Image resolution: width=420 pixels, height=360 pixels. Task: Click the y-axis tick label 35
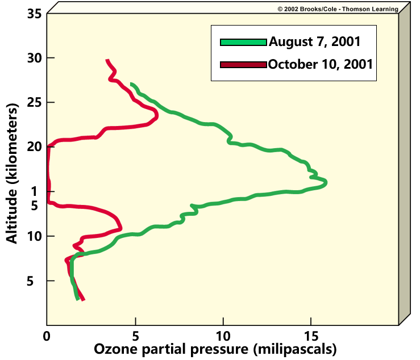pyautogui.click(x=33, y=14)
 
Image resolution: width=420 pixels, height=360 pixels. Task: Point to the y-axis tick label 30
pyautogui.click(x=33, y=58)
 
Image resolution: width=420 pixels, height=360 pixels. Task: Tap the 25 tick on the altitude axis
pyautogui.click(x=33, y=102)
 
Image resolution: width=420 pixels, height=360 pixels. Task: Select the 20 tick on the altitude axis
pyautogui.click(x=33, y=146)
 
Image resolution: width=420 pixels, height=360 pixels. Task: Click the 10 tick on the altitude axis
pyautogui.click(x=33, y=236)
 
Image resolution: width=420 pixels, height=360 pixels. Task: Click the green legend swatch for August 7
pyautogui.click(x=243, y=42)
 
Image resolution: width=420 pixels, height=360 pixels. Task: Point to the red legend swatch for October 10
pyautogui.click(x=243, y=65)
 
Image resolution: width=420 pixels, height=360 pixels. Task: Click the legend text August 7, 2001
pyautogui.click(x=314, y=41)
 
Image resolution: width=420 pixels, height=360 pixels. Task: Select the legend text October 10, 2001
pyautogui.click(x=321, y=64)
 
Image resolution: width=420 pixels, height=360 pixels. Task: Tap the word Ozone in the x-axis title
pyautogui.click(x=113, y=348)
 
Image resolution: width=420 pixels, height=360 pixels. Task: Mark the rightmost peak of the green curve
pyautogui.click(x=326, y=182)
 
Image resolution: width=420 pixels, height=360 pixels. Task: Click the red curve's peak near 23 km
pyautogui.click(x=156, y=115)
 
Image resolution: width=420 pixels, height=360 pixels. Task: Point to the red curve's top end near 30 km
pyautogui.click(x=107, y=60)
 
